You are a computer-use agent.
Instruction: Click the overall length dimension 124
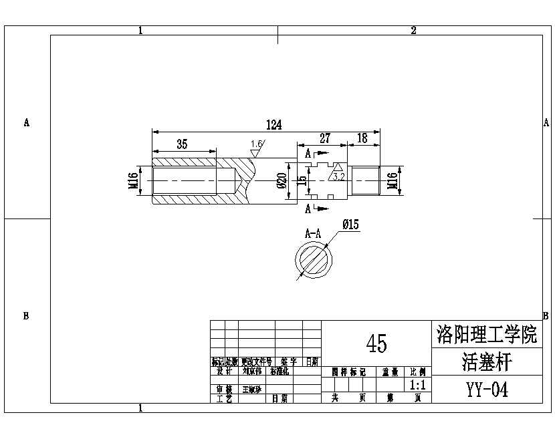click(x=273, y=125)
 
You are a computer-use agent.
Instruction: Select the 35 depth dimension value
click(x=182, y=144)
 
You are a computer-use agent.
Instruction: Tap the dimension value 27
click(x=324, y=138)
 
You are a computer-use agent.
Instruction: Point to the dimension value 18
click(x=362, y=138)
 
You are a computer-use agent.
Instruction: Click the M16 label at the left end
click(x=133, y=180)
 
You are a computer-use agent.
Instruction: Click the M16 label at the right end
click(x=393, y=180)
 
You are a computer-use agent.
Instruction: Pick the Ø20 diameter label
click(x=282, y=180)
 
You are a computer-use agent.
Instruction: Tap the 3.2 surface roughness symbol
click(x=338, y=172)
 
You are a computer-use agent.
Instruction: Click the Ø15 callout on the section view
click(x=350, y=225)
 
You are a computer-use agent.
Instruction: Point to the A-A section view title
click(x=312, y=234)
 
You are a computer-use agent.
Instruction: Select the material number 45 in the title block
click(x=376, y=343)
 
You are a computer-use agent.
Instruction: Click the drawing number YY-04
click(x=487, y=390)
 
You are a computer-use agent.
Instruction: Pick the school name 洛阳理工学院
click(x=486, y=334)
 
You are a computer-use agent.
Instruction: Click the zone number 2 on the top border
click(x=413, y=30)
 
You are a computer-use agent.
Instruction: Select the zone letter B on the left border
click(x=26, y=316)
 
